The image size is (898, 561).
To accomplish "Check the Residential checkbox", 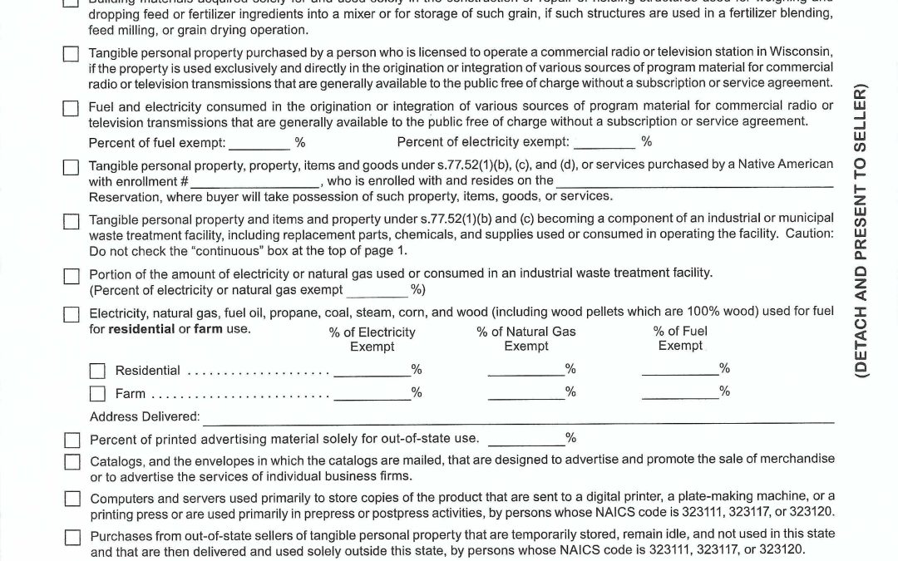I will [97, 371].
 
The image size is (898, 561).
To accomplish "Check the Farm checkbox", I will [97, 393].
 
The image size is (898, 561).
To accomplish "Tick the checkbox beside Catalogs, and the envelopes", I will [72, 462].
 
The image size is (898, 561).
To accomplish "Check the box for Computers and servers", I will [72, 499].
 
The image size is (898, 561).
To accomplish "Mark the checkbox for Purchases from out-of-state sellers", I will [72, 536].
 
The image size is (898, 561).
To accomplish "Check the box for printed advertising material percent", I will [72, 440].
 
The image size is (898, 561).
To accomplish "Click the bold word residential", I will [141, 328].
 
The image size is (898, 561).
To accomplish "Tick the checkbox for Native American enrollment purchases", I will [72, 167].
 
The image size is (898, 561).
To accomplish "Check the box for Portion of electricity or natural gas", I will [72, 276].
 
